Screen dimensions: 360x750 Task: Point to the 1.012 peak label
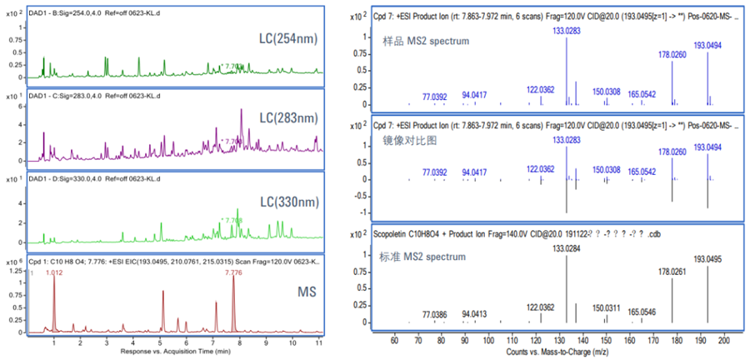54,272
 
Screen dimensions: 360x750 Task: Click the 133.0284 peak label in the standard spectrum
567,248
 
